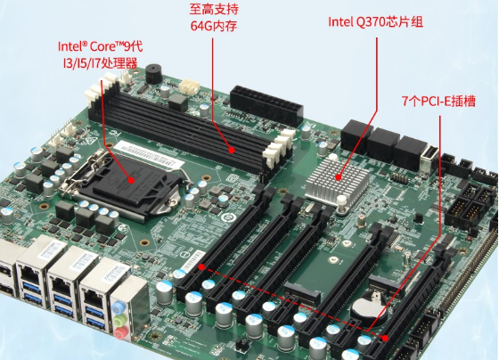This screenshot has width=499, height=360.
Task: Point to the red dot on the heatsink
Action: [x=339, y=176]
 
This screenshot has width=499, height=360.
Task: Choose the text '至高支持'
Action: [x=215, y=9]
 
